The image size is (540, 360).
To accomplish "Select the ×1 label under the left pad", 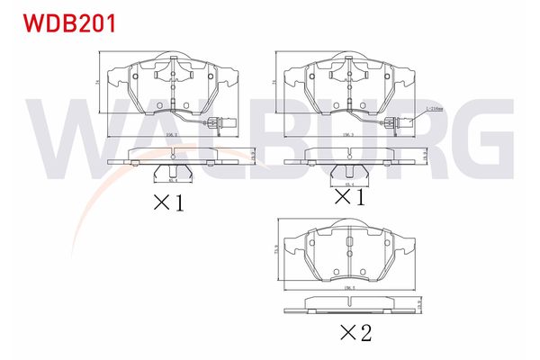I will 168,202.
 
